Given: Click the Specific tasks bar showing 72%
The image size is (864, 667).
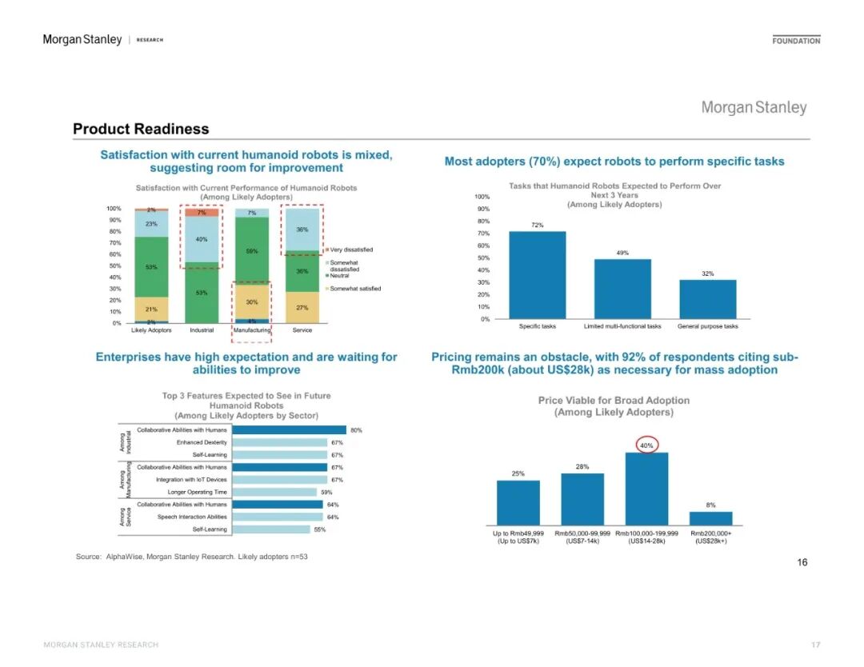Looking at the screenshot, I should coord(537,275).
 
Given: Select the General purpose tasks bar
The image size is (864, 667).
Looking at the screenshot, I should coord(707,299).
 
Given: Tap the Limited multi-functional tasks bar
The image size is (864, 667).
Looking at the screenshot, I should coord(622,289).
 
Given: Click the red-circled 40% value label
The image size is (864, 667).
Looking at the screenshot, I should coord(646,445).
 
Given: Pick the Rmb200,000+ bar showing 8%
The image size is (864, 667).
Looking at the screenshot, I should coord(710,517).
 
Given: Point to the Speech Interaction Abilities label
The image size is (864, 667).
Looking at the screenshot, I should coord(192,517).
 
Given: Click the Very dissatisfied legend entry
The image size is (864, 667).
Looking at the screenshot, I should coord(350,250).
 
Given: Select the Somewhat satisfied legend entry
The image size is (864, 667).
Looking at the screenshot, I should coord(354,289).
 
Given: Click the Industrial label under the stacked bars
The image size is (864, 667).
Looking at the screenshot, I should coord(201,330).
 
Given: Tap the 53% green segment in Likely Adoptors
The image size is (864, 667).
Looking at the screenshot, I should coord(151,267).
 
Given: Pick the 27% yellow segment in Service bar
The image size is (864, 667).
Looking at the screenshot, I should coord(302,307).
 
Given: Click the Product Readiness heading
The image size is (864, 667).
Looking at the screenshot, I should coord(141,129).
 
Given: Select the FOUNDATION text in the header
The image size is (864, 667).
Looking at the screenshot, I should coord(796,41).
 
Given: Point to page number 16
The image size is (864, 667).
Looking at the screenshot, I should coord(802,562).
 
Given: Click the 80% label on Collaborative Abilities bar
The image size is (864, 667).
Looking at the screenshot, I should coord(356,430).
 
